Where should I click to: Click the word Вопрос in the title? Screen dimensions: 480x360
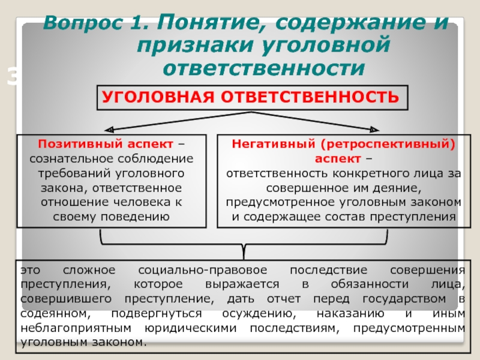[83, 23]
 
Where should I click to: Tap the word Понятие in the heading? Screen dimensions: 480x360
[211, 23]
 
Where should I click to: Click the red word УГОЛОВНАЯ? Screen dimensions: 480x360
[158, 97]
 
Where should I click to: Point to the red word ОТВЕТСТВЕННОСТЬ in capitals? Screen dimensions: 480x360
[310, 97]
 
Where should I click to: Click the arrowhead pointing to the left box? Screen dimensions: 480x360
[109, 130]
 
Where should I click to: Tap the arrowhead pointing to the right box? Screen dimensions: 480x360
[374, 130]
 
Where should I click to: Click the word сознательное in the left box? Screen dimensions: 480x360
[71, 158]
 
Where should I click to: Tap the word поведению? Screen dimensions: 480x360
[135, 217]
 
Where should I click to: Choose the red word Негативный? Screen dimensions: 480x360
[274, 144]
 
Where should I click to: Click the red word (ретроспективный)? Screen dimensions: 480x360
[388, 144]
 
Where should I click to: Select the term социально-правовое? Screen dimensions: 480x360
[203, 271]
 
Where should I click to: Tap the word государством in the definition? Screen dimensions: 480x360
[404, 299]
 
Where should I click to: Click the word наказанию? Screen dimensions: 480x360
[350, 313]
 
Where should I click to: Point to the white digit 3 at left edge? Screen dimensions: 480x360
[13, 77]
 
